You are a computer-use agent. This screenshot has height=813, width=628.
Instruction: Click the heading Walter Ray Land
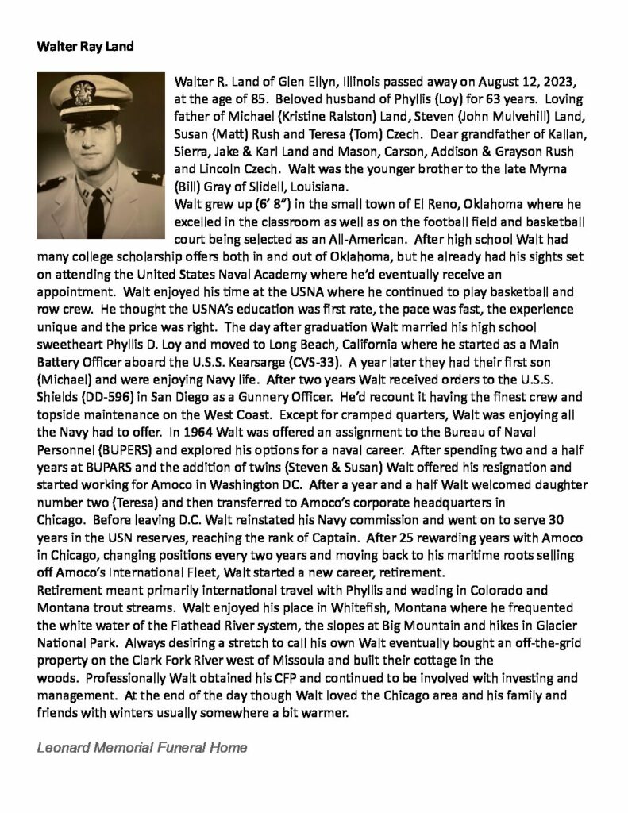coord(85,46)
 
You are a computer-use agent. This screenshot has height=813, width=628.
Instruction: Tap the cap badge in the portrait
coord(83,94)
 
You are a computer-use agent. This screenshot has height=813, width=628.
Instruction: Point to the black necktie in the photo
coord(95,211)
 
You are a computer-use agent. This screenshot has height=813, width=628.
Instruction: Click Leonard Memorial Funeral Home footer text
coord(142,747)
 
